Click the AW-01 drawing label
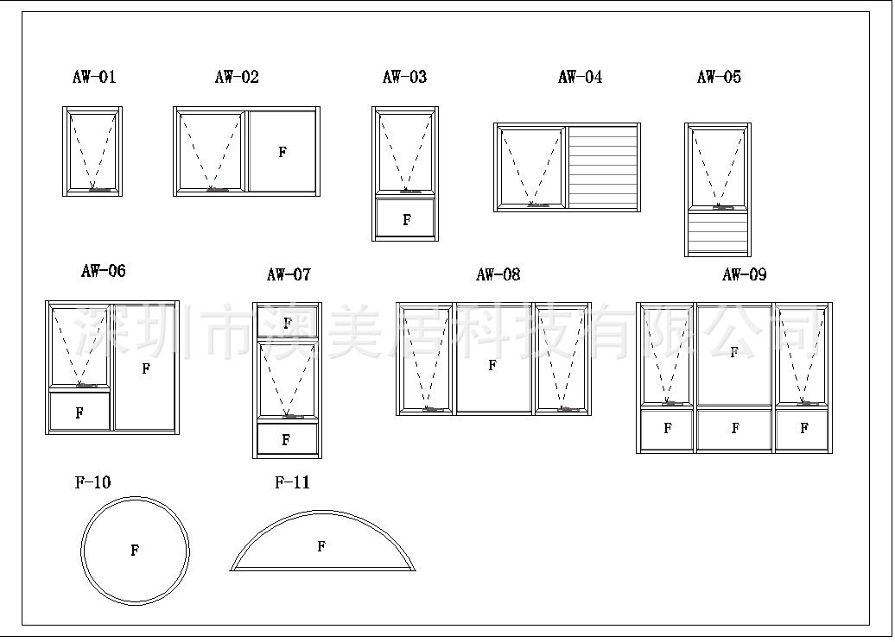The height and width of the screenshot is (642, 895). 93,77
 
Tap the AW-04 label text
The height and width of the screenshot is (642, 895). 580,77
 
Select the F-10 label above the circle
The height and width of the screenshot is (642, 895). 92,482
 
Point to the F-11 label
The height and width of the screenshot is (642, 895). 292,482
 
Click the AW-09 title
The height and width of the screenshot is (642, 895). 744,274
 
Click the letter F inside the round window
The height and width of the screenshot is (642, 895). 135,551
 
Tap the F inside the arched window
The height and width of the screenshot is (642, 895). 321,546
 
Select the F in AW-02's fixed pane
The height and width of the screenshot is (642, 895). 282,152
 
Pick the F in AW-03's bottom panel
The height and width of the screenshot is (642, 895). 407,220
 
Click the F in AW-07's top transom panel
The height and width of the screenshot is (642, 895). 287,323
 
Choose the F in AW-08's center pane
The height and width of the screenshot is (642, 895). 492,365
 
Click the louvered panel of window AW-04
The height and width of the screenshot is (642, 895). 603,167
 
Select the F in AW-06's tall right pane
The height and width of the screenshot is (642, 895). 146,368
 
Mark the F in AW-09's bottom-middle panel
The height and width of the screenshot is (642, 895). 735,428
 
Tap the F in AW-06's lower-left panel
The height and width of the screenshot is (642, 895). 79,413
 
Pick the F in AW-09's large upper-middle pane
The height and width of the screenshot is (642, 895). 734,352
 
